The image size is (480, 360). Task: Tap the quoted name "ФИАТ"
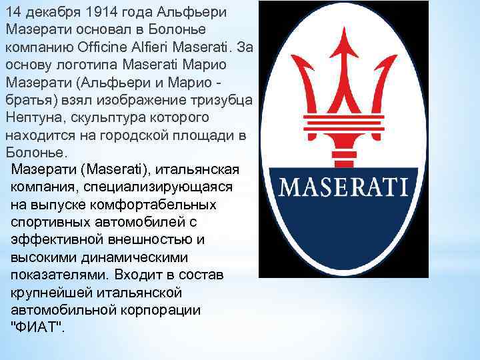(37, 325)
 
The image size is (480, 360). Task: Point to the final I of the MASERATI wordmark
(403, 185)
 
